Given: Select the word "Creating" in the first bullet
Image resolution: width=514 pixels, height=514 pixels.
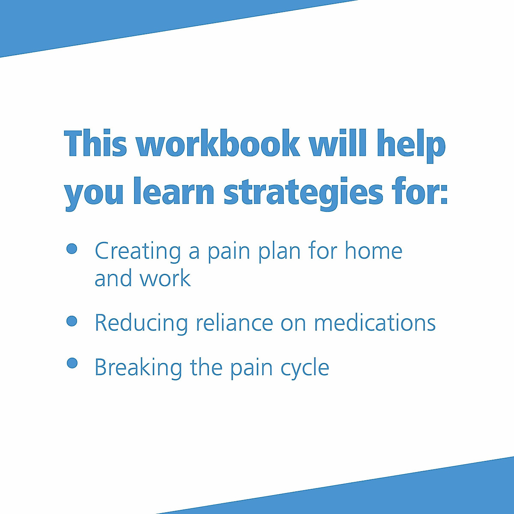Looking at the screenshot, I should click(138, 251).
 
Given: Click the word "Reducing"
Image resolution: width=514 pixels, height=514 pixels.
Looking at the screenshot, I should click(141, 323).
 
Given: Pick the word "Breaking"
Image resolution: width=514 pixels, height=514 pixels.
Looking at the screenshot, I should click(138, 368).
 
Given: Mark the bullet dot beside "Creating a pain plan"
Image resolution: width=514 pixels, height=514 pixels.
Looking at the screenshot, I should click(72, 249).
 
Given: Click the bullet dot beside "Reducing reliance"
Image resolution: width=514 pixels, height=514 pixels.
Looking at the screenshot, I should click(72, 321).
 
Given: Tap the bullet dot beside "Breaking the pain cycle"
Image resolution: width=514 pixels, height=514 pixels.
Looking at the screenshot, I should click(72, 363).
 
